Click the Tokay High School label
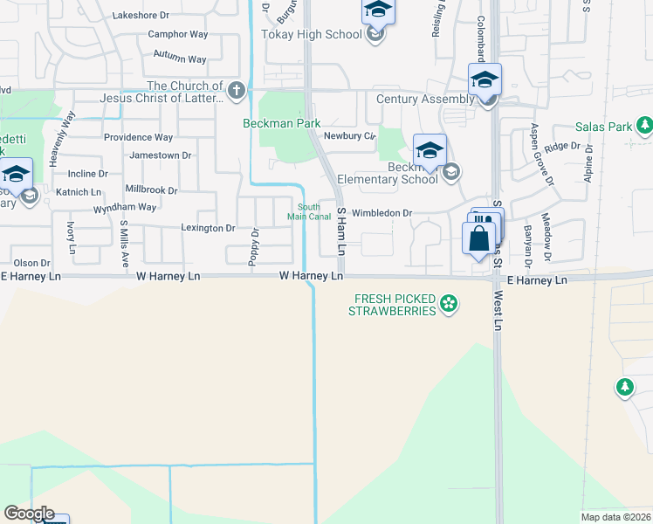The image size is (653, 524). click(x=311, y=35)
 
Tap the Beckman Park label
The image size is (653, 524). click(x=281, y=124)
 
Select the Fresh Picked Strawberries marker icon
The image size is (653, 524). click(x=449, y=304)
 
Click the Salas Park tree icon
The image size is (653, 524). click(x=645, y=128)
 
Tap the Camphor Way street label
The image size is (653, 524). click(x=178, y=35)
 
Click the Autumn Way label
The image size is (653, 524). click(x=179, y=59)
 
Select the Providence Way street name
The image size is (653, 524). click(x=138, y=137)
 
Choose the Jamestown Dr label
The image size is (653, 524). click(x=160, y=155)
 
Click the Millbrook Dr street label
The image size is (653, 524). click(x=151, y=190)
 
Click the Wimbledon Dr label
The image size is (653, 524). click(x=381, y=213)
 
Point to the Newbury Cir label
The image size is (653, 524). click(x=348, y=136)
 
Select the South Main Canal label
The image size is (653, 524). click(x=309, y=211)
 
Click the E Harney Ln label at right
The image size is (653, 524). click(x=537, y=280)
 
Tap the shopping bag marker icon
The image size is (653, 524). click(x=479, y=238)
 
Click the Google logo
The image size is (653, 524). click(x=29, y=514)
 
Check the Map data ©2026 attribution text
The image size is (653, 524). click(x=615, y=517)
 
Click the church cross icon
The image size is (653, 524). click(x=236, y=90)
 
